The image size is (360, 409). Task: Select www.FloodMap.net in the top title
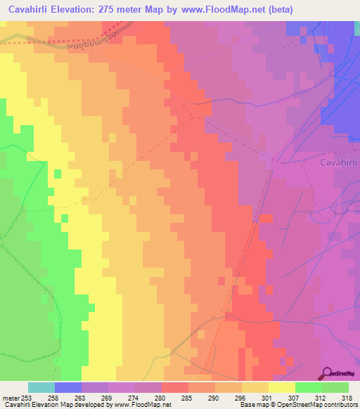coord(221,10)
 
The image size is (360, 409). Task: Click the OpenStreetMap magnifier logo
coord(327,373)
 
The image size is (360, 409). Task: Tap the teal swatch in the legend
coord(41,387)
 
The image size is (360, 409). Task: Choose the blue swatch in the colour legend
coord(68,387)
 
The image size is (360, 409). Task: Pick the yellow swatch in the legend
coord(282,387)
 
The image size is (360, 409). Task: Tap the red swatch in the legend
coord(175,387)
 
